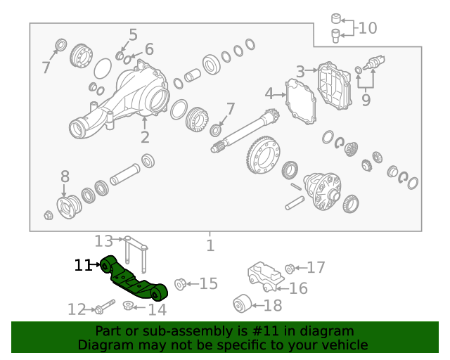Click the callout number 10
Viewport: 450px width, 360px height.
pos(368,28)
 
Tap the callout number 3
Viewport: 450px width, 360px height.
pos(300,71)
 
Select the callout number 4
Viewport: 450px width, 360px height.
pos(269,94)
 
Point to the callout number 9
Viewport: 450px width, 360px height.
pos(366,101)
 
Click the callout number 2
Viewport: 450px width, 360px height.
pos(145,137)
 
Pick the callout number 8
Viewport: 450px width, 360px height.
pos(65,176)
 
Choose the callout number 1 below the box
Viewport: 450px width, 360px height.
pos(210,245)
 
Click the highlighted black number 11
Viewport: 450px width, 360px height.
pos(83,265)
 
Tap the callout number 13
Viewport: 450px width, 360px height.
pos(103,241)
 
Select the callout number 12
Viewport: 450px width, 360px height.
pos(76,309)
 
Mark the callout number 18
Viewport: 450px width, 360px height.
pos(273,306)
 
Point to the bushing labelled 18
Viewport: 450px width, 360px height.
pos(243,304)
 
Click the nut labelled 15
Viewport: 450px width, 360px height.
pos(179,284)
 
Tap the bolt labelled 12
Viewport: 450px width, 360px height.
pos(105,308)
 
